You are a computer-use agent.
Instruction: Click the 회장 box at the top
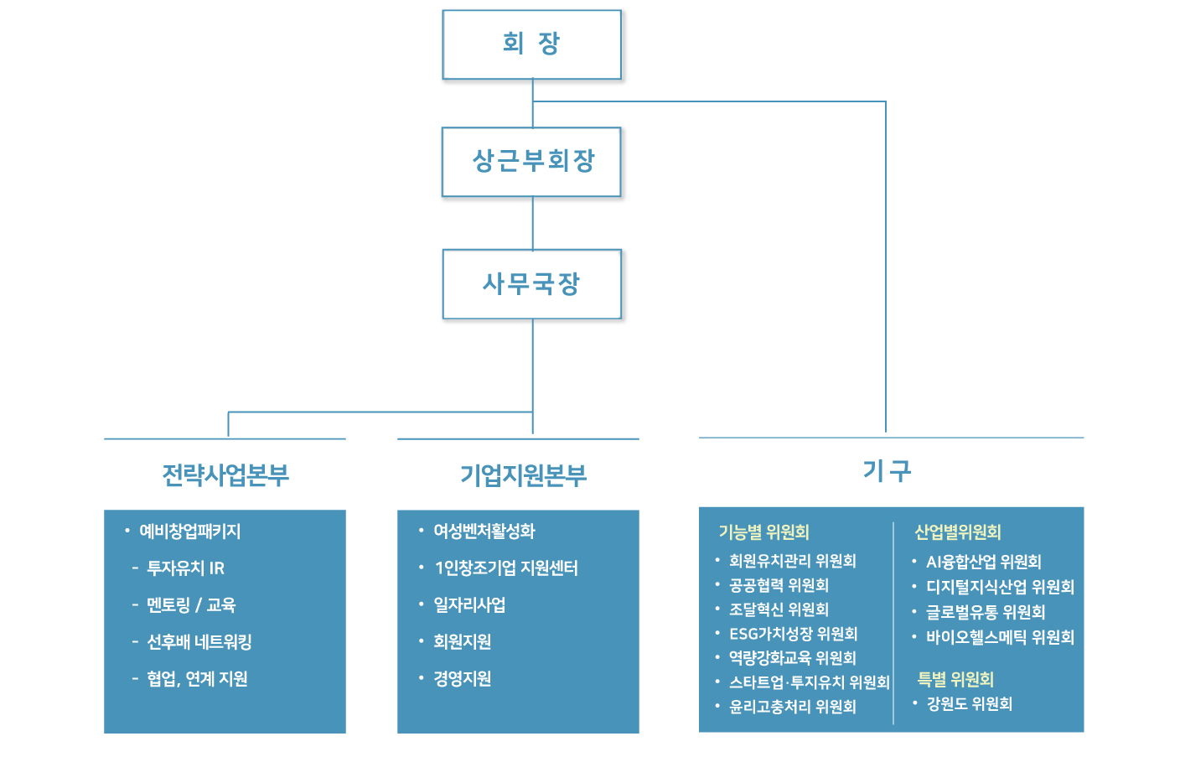click(531, 44)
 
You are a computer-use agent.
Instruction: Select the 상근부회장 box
click(531, 162)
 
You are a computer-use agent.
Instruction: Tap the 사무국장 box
click(532, 284)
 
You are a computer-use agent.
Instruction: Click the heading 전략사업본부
click(225, 475)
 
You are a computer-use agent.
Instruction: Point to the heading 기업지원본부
click(523, 475)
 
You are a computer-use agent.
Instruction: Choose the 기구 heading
click(888, 470)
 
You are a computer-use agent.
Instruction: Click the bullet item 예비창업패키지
click(189, 531)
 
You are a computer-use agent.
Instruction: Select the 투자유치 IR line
click(185, 568)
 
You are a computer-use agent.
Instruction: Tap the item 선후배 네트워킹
click(199, 641)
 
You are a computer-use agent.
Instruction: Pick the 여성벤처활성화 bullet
click(484, 531)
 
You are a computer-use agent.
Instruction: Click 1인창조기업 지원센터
click(506, 568)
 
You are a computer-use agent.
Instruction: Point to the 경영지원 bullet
click(462, 678)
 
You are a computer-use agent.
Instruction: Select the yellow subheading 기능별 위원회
click(763, 532)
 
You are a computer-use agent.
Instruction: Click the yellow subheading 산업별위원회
click(958, 532)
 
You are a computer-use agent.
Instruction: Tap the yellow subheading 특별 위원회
click(955, 679)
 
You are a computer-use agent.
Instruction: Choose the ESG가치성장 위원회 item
click(794, 634)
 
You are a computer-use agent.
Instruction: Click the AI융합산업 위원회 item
click(984, 562)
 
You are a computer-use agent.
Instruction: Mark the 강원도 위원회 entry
click(970, 704)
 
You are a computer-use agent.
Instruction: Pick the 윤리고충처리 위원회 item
click(792, 707)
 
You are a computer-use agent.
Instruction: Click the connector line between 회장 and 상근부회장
click(532, 103)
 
